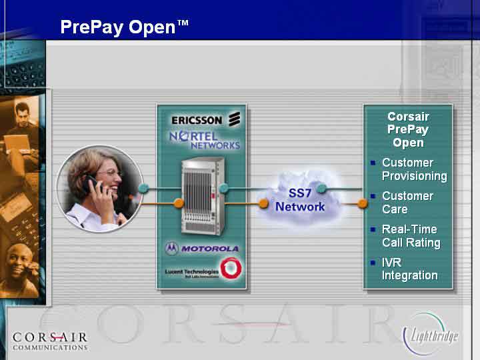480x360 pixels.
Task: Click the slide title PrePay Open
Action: pos(124,27)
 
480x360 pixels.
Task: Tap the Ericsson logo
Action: pos(206,119)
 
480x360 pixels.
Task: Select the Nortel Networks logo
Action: pos(205,140)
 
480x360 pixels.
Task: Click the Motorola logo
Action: pos(202,249)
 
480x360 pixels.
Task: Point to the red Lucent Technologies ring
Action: pos(231,268)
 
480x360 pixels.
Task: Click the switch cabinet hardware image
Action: pos(203,196)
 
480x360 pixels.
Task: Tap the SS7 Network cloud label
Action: pos(300,200)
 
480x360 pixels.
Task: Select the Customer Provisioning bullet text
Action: pos(415,169)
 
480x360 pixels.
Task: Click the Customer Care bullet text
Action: pos(407,203)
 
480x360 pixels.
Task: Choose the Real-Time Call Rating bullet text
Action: pos(411,236)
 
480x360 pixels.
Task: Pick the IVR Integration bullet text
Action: pos(409,269)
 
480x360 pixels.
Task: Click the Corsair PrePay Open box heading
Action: pos(408,129)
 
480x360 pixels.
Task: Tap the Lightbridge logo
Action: pos(431,334)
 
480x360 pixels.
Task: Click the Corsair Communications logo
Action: pos(50,341)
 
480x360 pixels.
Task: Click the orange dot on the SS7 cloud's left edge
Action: pos(263,203)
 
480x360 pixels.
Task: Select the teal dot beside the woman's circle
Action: pos(143,188)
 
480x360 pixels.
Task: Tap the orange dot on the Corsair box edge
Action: pos(362,203)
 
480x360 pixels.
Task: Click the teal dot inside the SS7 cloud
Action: pos(321,188)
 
